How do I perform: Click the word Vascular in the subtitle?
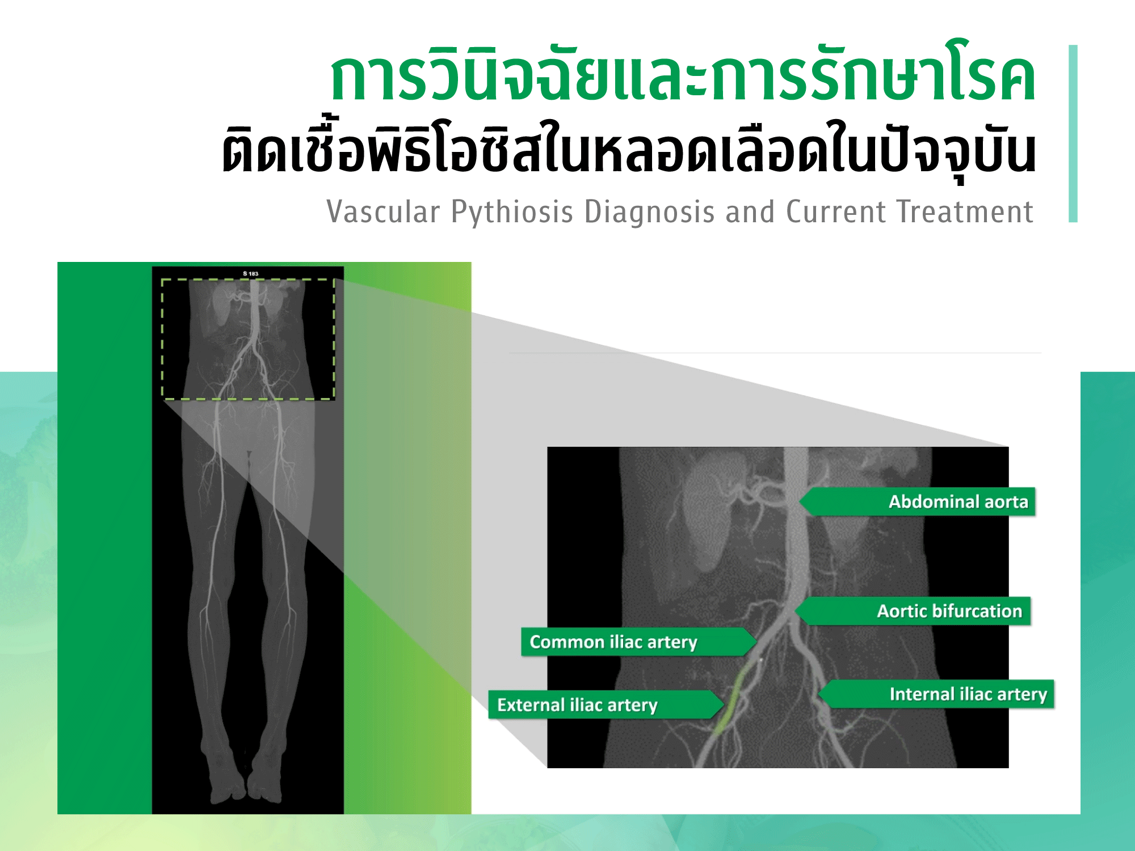384,212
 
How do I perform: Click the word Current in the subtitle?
836,212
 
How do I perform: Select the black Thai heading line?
629,150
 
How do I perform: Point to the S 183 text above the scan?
250,274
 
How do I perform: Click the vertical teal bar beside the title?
1073,133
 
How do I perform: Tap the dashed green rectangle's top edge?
248,280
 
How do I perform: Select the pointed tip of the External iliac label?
724,705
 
